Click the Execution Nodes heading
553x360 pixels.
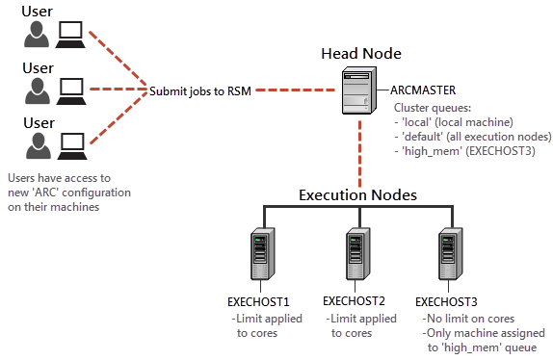357,193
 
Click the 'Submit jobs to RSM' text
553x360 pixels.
201,91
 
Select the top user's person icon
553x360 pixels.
37,36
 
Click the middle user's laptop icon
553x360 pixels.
71,90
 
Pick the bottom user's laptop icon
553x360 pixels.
71,144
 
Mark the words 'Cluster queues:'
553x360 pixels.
431,108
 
